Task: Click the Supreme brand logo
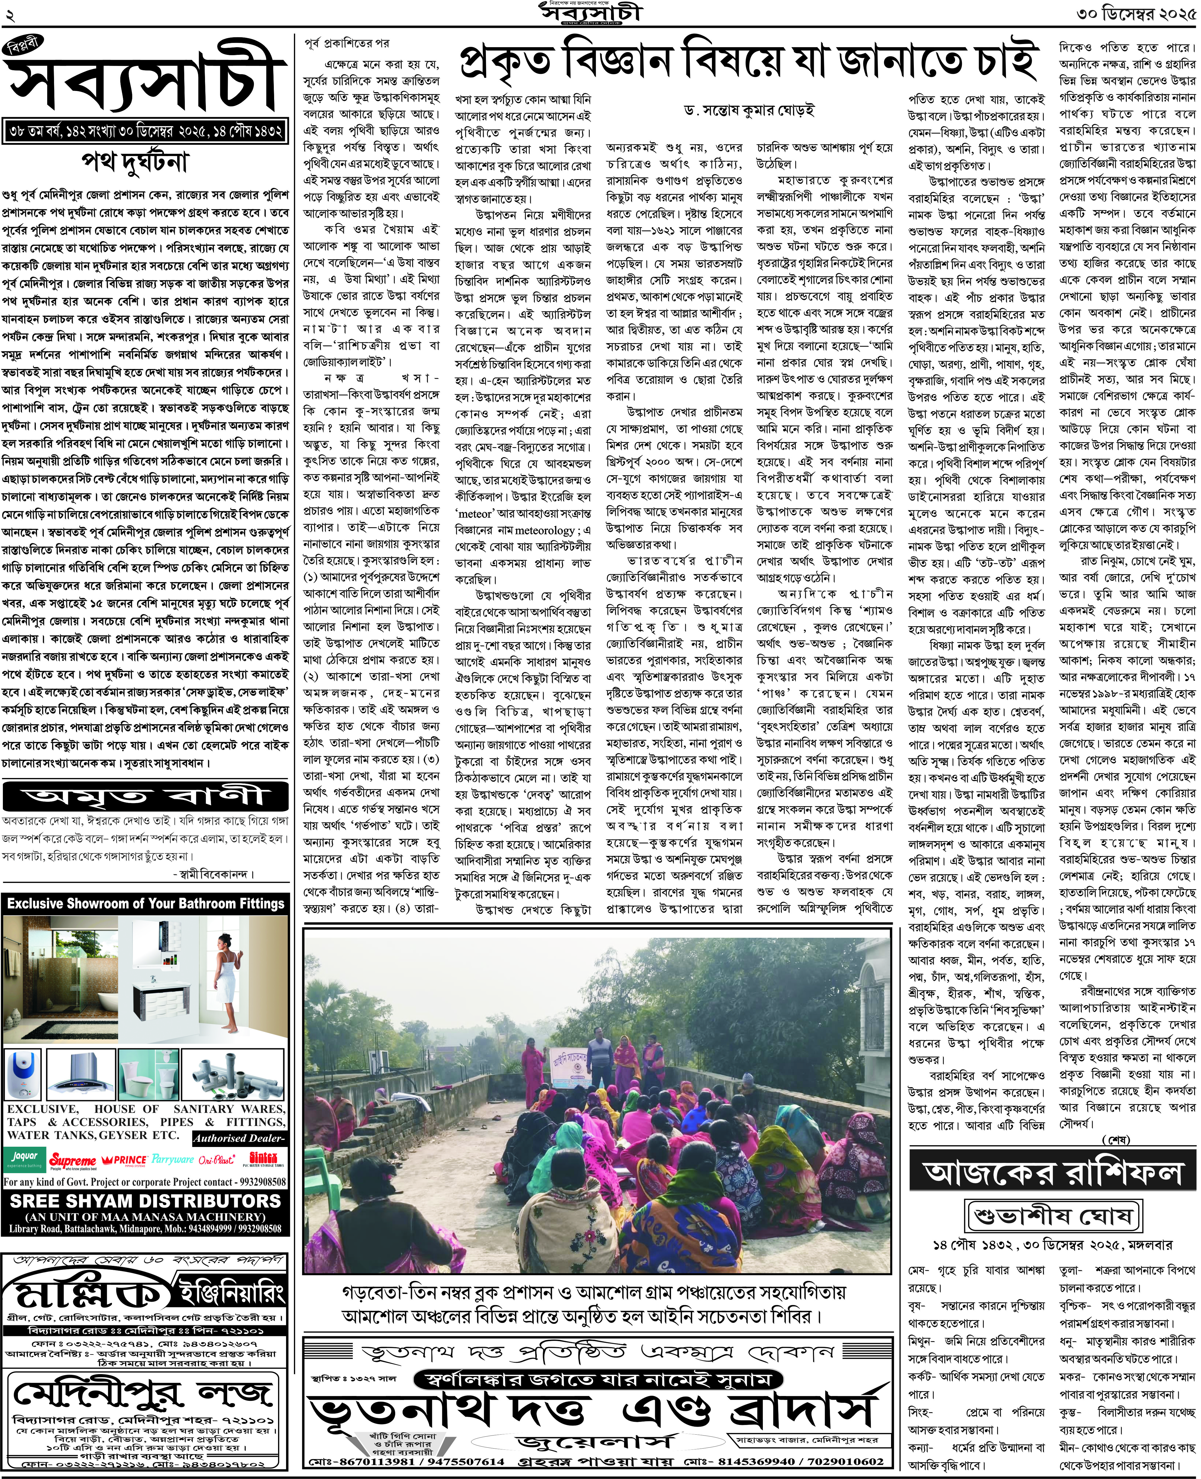click(x=73, y=1160)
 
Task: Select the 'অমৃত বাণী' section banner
click(x=145, y=796)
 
